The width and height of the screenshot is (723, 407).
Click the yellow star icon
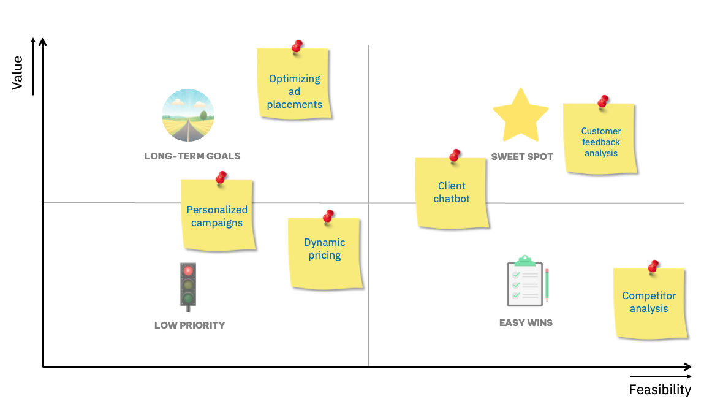point(520,116)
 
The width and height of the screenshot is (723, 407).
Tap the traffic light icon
point(188,285)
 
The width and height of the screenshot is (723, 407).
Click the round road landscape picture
point(188,115)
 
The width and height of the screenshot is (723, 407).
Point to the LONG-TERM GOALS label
point(192,156)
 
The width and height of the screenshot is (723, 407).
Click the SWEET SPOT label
point(522,157)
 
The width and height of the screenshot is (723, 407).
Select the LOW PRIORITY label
point(190,325)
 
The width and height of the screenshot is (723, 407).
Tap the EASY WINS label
point(526,322)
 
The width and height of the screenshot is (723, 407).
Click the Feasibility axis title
point(660,390)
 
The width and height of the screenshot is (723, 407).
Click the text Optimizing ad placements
point(295,91)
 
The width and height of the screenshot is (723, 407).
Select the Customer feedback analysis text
point(601,142)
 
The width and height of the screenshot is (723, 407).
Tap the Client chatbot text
point(452,192)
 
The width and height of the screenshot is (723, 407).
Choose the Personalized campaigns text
point(217,216)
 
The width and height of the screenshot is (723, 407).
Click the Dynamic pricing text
point(325,249)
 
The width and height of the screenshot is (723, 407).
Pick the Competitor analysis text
point(649,302)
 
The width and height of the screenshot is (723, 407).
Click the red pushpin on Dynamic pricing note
point(328,216)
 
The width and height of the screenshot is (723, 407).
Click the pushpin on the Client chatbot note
point(455,154)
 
